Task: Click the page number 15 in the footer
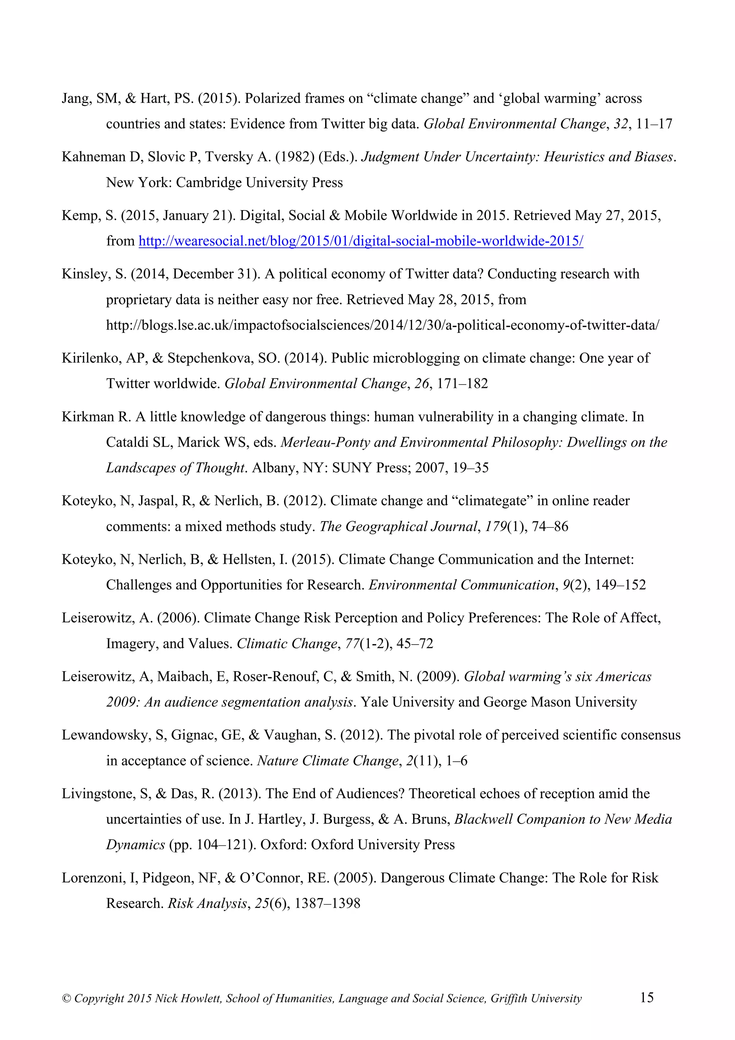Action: click(647, 997)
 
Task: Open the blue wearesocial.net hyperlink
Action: click(361, 241)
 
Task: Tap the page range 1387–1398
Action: click(327, 903)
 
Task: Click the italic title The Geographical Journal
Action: click(398, 526)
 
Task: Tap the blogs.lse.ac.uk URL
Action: click(383, 325)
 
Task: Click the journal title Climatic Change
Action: click(287, 644)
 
